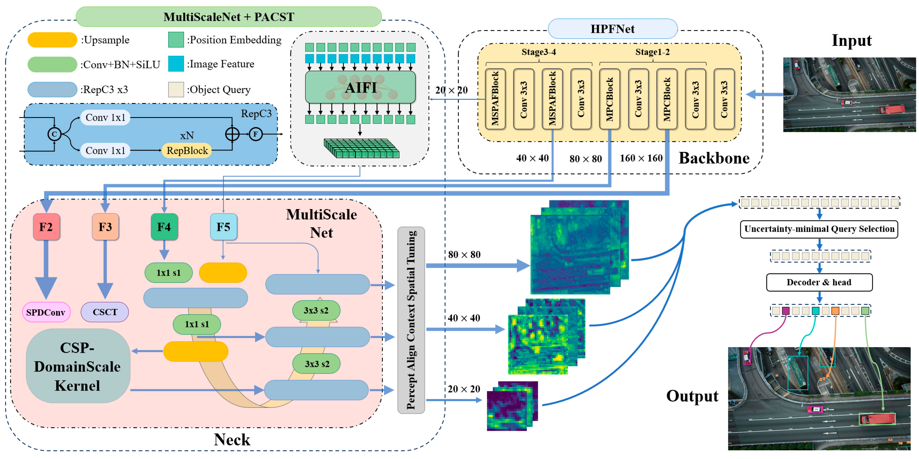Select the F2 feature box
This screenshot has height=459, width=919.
tap(46, 227)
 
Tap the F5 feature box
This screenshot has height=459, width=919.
tap(223, 227)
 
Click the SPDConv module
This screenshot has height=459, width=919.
tap(46, 312)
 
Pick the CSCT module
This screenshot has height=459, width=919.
tap(105, 312)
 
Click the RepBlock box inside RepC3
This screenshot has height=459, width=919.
tap(187, 150)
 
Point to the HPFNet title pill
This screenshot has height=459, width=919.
tap(612, 29)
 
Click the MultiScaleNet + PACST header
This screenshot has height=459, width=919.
tap(229, 17)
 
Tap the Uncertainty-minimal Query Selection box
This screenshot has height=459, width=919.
tap(819, 229)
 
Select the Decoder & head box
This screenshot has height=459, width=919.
tap(819, 282)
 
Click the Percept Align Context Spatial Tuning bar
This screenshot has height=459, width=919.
tap(411, 320)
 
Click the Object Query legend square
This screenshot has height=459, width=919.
tap(176, 89)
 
